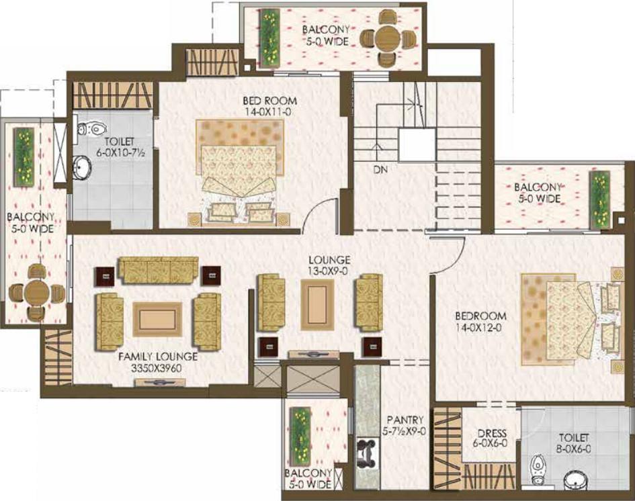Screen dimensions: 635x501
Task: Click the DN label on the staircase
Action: pyautogui.click(x=380, y=169)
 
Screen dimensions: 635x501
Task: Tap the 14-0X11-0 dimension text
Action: pyautogui.click(x=267, y=112)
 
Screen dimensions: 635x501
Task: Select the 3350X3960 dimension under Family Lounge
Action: pyautogui.click(x=157, y=368)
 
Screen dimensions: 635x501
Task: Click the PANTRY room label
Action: pyautogui.click(x=405, y=420)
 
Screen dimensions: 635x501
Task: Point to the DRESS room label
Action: pyautogui.click(x=492, y=433)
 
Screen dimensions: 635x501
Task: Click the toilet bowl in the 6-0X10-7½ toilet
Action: pyautogui.click(x=91, y=129)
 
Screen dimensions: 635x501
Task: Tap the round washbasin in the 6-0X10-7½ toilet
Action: pyautogui.click(x=82, y=167)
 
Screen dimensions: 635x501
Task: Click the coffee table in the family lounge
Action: pyautogui.click(x=157, y=319)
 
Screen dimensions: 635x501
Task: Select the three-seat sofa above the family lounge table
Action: pyautogui.click(x=159, y=270)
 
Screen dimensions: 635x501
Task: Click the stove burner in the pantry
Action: pyautogui.click(x=368, y=451)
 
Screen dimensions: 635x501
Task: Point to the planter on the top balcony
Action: pyautogui.click(x=269, y=39)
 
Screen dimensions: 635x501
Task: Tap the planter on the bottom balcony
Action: pyautogui.click(x=300, y=437)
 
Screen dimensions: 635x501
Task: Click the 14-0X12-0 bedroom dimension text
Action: pyautogui.click(x=480, y=327)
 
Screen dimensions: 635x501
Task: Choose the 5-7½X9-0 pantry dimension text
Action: pyautogui.click(x=404, y=431)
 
